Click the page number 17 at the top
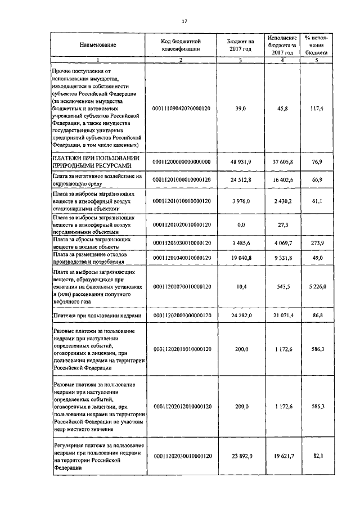[x=184, y=21]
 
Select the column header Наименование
[x=98, y=44]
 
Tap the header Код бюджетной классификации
[x=181, y=45]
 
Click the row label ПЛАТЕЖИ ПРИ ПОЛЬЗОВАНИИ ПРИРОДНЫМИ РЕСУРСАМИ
[x=91, y=161]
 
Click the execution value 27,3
[x=280, y=224]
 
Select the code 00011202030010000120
[x=181, y=456]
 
